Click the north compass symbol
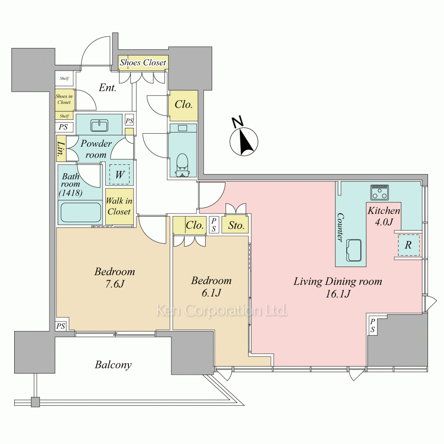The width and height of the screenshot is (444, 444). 243,141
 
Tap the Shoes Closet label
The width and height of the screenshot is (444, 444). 143,63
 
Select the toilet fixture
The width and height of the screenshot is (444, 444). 182,164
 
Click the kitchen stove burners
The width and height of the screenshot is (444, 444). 380,192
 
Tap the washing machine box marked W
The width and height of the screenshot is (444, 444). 119,174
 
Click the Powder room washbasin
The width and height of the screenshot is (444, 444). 99,126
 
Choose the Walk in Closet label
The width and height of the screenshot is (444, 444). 119,206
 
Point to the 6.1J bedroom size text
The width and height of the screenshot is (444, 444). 211,293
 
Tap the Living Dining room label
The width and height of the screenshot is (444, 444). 337,281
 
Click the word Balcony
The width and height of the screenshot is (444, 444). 113,365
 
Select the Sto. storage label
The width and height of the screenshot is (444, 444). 236,226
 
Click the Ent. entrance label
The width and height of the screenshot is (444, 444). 107,88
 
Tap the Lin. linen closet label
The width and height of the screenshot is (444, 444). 61,151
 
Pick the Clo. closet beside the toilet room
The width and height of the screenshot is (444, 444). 183,105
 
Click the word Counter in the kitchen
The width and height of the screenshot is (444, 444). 341,227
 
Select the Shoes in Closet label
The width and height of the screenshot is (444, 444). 64,99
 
